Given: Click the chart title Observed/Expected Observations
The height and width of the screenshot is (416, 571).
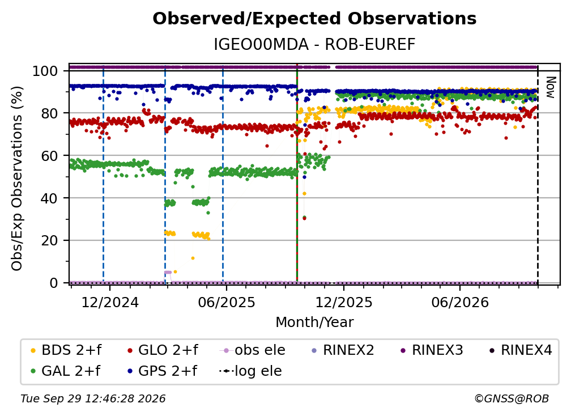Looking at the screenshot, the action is click(314, 19).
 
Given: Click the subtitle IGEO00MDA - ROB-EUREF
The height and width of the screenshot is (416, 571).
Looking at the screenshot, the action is click(314, 45).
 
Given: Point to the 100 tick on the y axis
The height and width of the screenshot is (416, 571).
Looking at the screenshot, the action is click(45, 71).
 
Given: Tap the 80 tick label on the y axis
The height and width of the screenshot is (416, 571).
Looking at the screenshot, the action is click(49, 113).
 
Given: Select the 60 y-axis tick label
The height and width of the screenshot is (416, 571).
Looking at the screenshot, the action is click(49, 155).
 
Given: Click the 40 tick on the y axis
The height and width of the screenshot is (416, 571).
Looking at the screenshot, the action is click(49, 198).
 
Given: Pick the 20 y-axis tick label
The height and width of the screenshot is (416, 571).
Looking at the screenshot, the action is click(49, 240).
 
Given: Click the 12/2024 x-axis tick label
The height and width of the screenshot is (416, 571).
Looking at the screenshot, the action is click(110, 302).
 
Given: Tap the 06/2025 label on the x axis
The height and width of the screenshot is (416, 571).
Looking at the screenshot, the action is click(227, 302).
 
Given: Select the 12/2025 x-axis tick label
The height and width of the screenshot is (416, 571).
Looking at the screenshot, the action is click(343, 302).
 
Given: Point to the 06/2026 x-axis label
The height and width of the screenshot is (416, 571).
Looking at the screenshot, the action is click(460, 302).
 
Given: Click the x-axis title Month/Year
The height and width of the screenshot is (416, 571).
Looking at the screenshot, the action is click(314, 322).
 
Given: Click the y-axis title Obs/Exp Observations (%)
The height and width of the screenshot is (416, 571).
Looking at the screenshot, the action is click(17, 179).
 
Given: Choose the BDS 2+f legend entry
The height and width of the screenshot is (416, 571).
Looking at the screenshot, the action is click(66, 350).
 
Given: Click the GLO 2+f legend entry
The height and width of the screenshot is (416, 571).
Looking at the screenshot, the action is click(163, 350).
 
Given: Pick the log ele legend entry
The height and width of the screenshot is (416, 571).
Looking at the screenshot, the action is click(250, 371).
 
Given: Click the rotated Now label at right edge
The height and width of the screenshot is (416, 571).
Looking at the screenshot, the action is click(550, 87).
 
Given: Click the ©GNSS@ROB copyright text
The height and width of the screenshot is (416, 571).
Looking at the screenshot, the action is click(512, 398).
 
